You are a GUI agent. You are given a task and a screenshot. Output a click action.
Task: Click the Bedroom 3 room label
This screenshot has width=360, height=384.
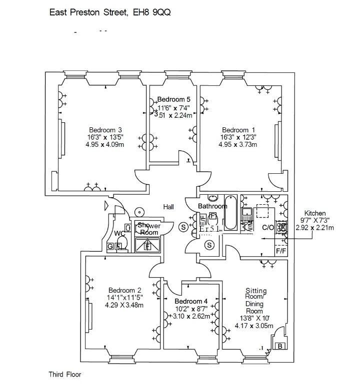pyautogui.click(x=105, y=130)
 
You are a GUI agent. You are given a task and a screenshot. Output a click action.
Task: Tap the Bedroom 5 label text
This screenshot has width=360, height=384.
pyautogui.click(x=173, y=99)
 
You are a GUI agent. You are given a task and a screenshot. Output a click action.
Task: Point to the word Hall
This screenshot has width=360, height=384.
pyautogui.click(x=168, y=206)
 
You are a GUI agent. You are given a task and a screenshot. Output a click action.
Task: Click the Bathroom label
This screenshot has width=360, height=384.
pyautogui.click(x=212, y=206)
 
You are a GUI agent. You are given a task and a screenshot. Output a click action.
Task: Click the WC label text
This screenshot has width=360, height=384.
pyautogui.click(x=119, y=233)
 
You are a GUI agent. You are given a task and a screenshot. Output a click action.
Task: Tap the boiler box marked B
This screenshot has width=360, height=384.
pyautogui.click(x=280, y=346)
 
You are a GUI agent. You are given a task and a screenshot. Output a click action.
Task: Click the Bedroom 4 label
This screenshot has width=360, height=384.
pyautogui.click(x=191, y=302)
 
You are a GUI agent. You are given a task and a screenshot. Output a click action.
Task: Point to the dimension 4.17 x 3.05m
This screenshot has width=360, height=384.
pyautogui.click(x=254, y=327)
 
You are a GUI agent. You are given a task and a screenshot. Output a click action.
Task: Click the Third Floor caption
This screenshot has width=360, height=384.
pyautogui.click(x=64, y=374)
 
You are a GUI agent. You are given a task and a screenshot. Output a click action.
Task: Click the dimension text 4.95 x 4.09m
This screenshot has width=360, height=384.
pyautogui.click(x=105, y=145)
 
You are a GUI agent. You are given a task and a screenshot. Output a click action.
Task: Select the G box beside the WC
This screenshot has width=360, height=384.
pyautogui.click(x=110, y=246)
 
